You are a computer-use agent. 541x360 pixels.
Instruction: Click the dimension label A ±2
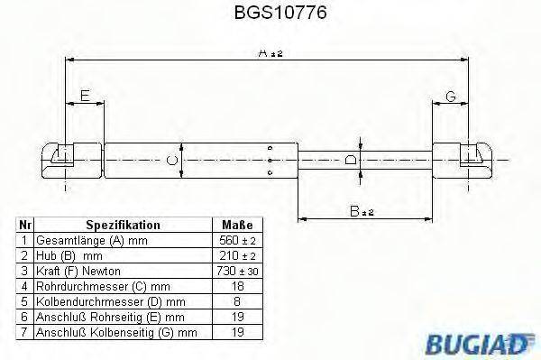pyautogui.click(x=270, y=54)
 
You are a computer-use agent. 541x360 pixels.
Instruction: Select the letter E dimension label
pyautogui.click(x=85, y=96)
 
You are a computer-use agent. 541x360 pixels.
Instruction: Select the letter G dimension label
pyautogui.click(x=448, y=96)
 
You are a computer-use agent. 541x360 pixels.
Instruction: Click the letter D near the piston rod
pyautogui.click(x=352, y=159)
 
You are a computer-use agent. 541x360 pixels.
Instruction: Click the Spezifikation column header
pyautogui.click(x=123, y=225)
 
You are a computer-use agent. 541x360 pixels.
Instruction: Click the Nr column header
pyautogui.click(x=25, y=225)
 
